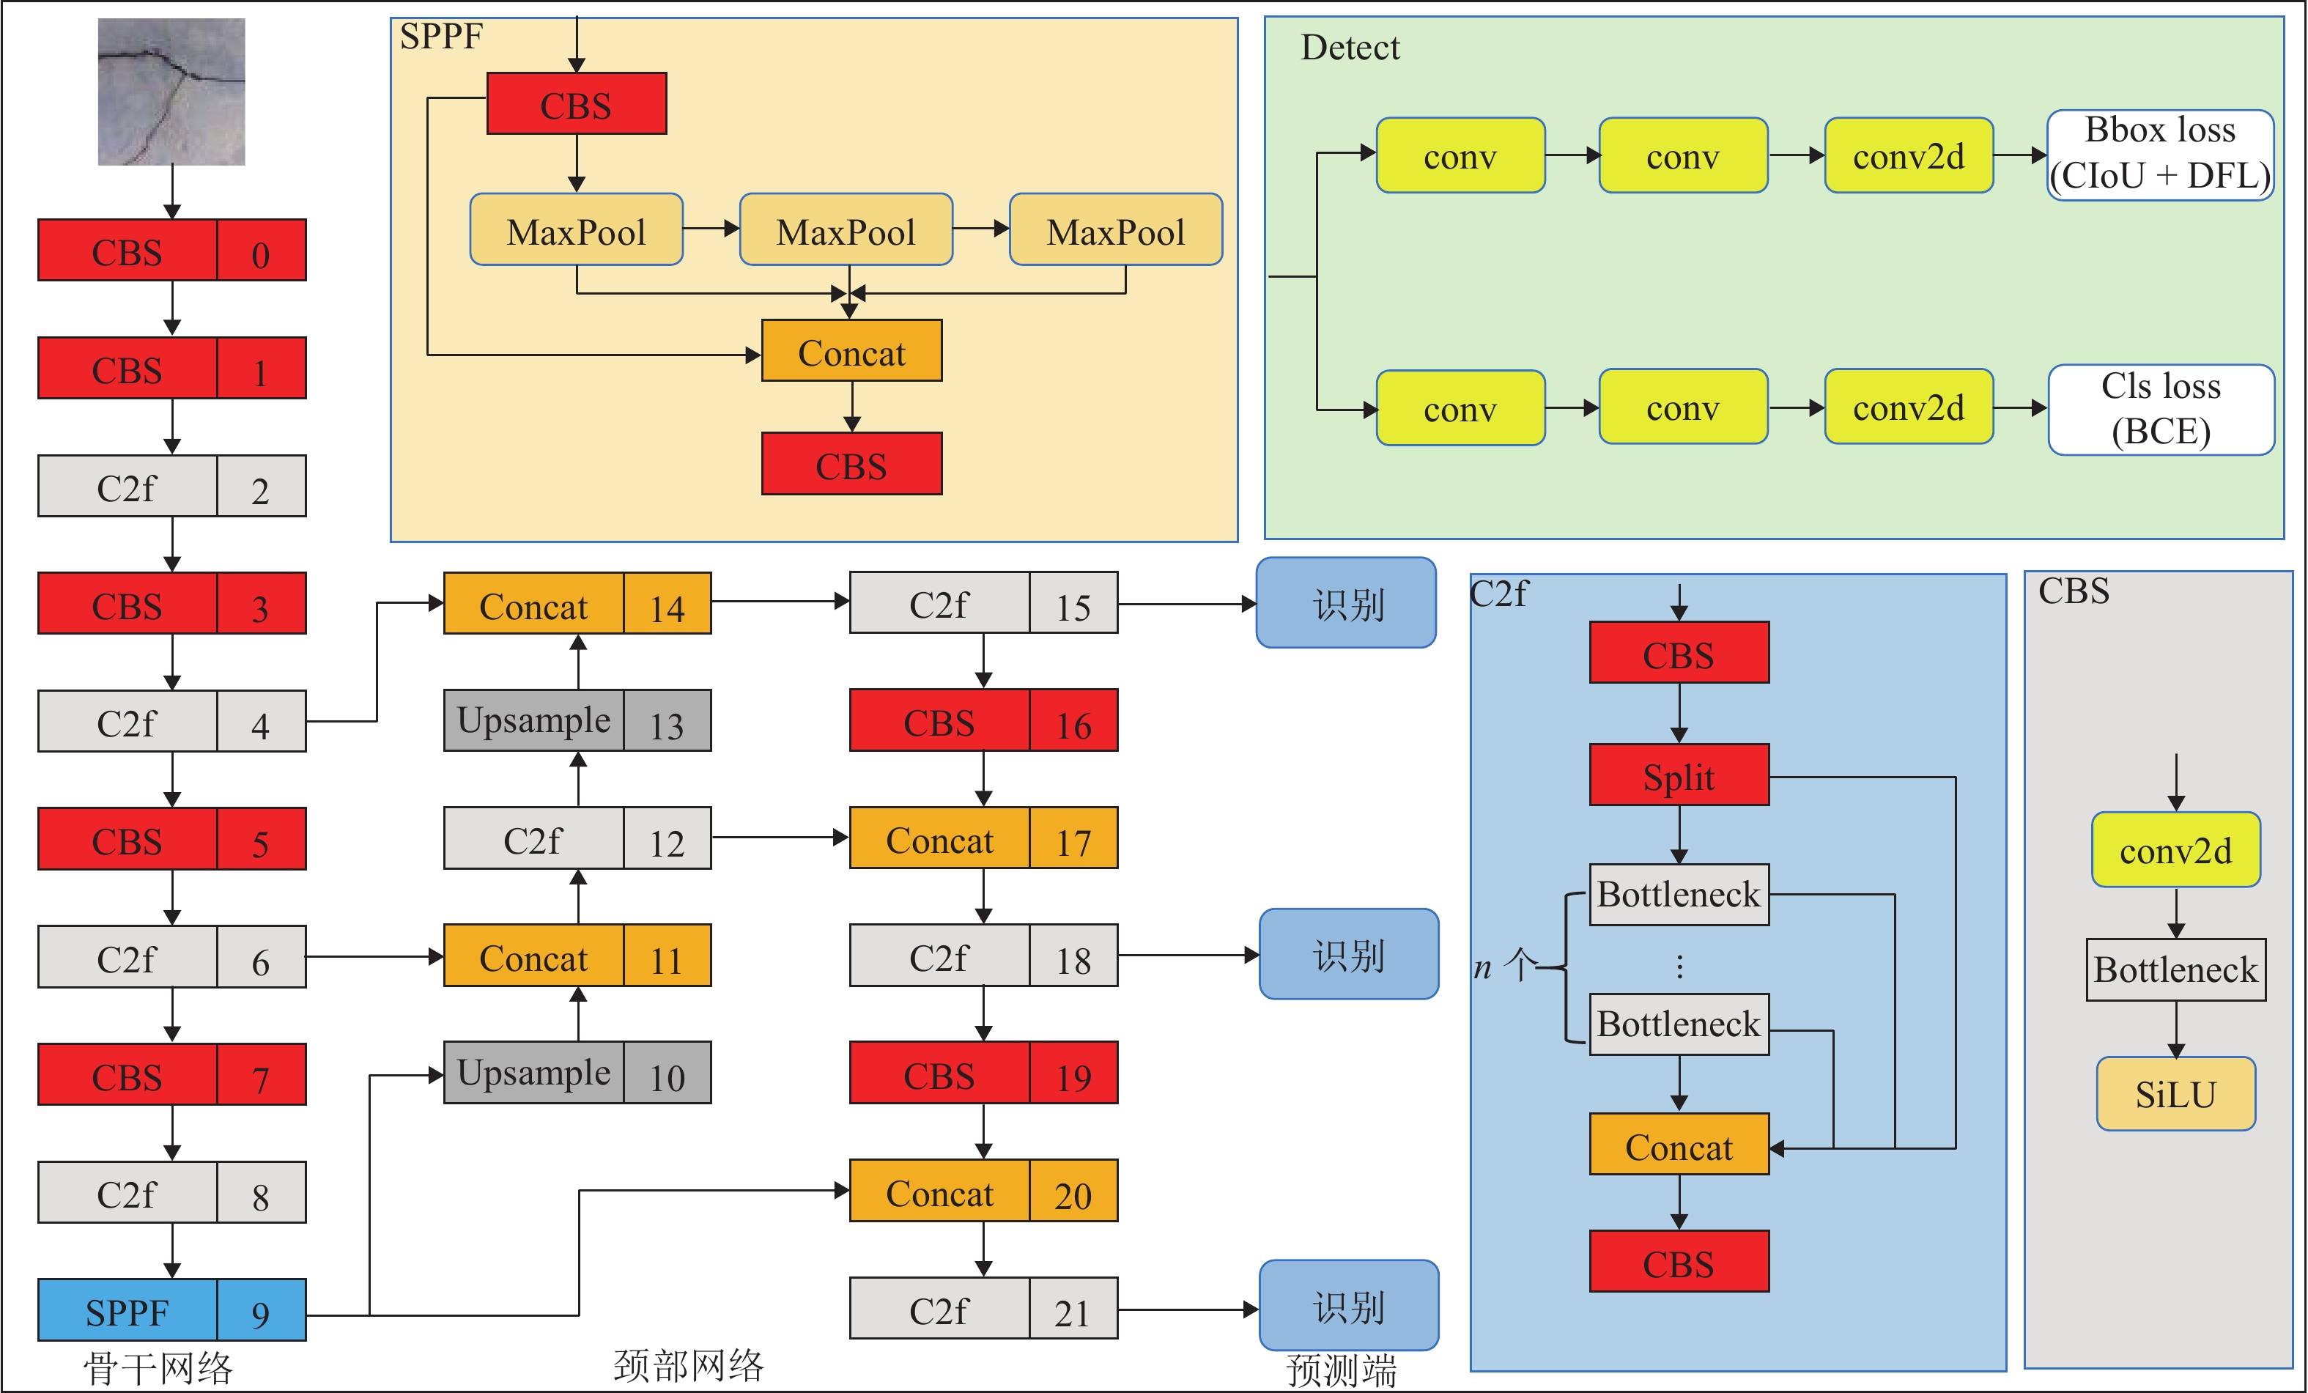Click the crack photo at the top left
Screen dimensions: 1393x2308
pos(171,92)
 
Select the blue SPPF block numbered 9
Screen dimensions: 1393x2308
pos(171,1309)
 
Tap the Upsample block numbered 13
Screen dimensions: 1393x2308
pos(577,720)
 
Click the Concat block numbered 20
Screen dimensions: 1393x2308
pos(983,1191)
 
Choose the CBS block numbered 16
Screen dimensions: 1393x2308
pos(983,720)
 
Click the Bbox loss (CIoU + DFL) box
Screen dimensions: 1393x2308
pos(2160,155)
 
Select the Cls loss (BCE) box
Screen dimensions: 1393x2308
pos(2160,410)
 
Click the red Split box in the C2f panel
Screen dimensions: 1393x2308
pos(1679,776)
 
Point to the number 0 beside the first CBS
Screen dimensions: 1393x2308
pos(260,251)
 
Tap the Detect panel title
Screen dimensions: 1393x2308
pos(1350,47)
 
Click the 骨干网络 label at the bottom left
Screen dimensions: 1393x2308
pos(158,1367)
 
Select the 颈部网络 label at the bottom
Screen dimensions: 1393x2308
pos(689,1366)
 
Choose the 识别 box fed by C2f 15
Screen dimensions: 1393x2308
pos(1346,603)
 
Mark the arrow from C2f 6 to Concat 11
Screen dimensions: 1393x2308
pos(374,956)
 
